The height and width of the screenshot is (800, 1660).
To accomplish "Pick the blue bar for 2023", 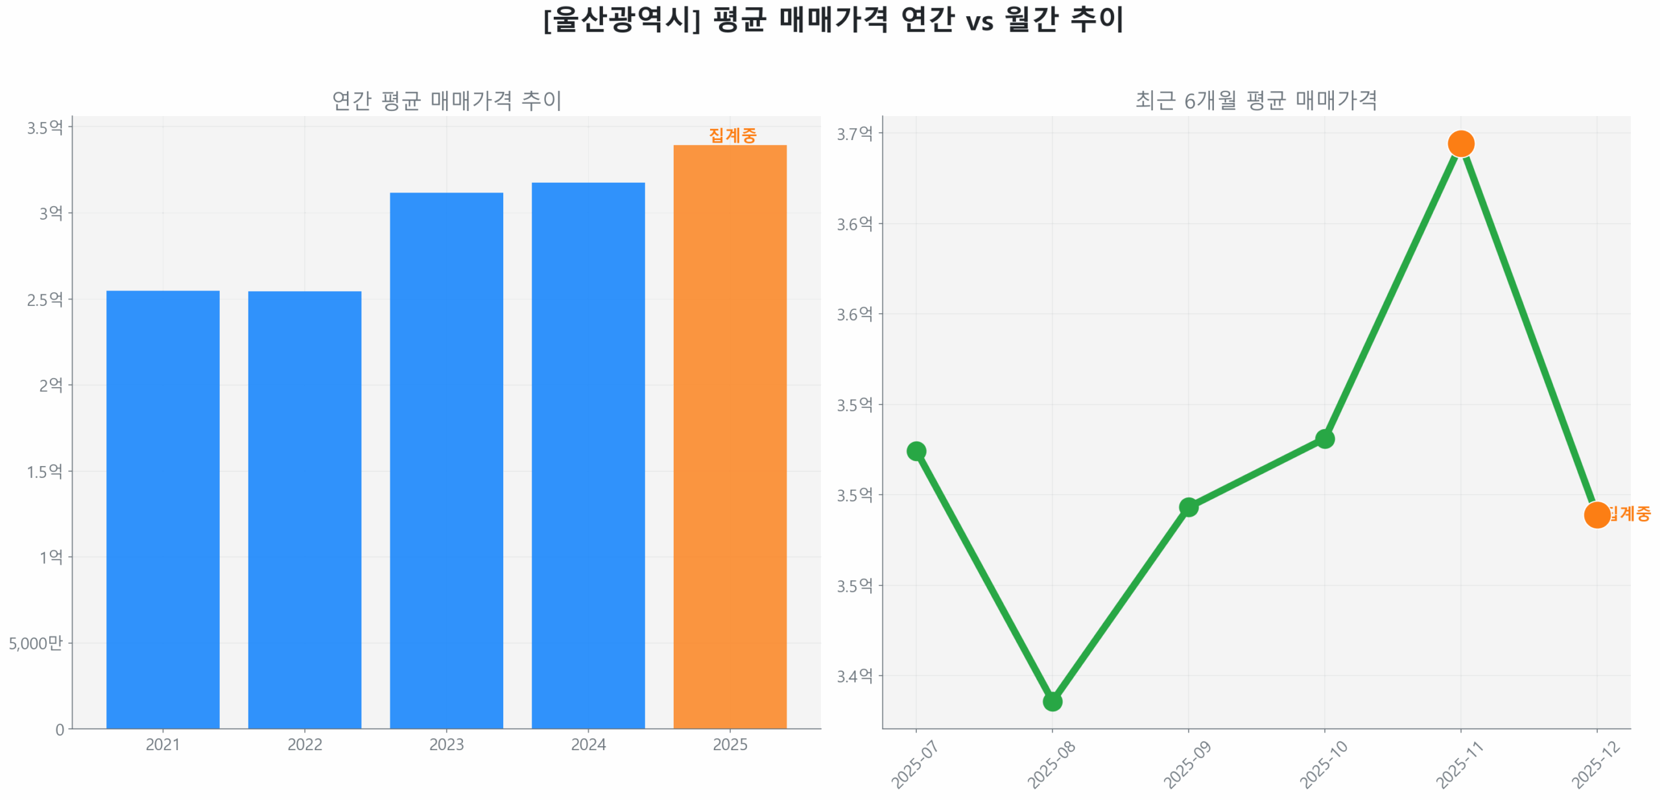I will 446,460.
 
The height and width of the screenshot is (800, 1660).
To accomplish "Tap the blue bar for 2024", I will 587,455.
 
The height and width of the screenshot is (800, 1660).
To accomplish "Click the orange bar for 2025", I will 729,436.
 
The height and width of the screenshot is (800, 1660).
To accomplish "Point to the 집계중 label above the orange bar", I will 732,135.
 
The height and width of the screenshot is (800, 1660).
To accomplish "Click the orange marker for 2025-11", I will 1460,143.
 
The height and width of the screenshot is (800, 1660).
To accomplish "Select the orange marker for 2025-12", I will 1596,515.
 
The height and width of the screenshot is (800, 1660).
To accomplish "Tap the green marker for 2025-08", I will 1052,701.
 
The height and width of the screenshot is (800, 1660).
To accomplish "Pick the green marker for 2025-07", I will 916,451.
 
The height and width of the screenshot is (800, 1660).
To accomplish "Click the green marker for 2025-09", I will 1188,507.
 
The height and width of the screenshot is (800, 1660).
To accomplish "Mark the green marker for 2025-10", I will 1324,439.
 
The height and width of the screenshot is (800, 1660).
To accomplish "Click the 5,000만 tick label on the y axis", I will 36,643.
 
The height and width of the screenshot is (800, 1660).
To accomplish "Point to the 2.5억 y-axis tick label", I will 45,299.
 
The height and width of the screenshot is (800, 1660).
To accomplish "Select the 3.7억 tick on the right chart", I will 854,134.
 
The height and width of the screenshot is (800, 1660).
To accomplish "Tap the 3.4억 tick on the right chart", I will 854,676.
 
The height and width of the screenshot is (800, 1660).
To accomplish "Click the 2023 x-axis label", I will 446,744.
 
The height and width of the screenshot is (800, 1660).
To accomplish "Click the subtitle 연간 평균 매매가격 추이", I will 446,100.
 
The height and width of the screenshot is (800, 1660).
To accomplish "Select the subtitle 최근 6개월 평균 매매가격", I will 1255,100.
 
